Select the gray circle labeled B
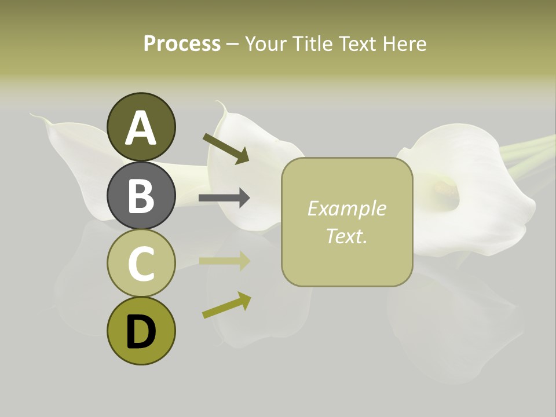click(141, 195)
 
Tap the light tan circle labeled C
click(141, 263)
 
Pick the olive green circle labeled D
click(141, 331)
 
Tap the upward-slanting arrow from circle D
click(226, 305)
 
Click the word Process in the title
click(182, 43)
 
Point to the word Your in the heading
click(266, 43)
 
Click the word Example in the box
click(346, 209)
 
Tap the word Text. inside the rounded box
click(346, 236)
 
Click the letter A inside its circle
click(141, 128)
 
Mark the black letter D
click(141, 332)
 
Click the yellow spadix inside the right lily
click(444, 186)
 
